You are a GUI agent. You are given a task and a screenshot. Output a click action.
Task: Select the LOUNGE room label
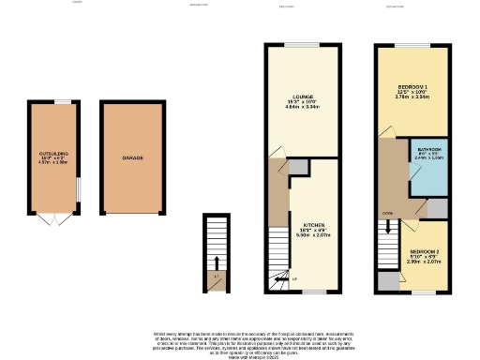tap(302, 97)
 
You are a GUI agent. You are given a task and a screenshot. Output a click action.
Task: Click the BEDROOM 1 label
tap(405, 86)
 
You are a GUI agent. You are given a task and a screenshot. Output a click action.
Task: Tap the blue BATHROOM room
tap(429, 164)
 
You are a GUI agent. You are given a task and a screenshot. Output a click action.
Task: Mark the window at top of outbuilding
tap(62, 101)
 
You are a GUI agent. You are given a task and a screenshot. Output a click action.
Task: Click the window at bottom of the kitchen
tap(311, 292)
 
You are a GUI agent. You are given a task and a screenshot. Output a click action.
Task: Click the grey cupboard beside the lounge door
tap(297, 167)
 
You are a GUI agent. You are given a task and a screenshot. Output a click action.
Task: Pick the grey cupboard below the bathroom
tap(437, 207)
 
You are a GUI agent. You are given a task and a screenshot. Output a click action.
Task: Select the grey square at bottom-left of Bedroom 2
tap(386, 280)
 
